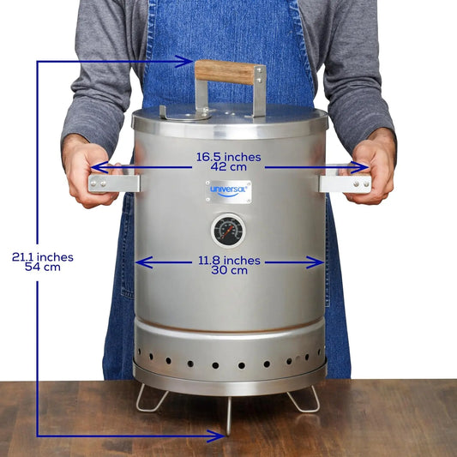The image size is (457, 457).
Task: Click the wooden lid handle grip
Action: point(225,72)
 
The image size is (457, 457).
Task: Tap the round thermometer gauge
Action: point(228,231)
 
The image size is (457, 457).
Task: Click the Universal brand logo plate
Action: point(228,191)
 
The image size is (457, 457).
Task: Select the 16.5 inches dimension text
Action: point(228,157)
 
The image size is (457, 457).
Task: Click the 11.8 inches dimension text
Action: point(228,260)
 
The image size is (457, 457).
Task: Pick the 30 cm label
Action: point(228,270)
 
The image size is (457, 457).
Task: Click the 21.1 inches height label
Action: point(42,256)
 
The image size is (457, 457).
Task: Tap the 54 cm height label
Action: point(42,267)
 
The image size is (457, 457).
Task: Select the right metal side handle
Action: point(345,183)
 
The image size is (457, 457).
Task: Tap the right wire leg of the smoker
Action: point(304,399)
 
